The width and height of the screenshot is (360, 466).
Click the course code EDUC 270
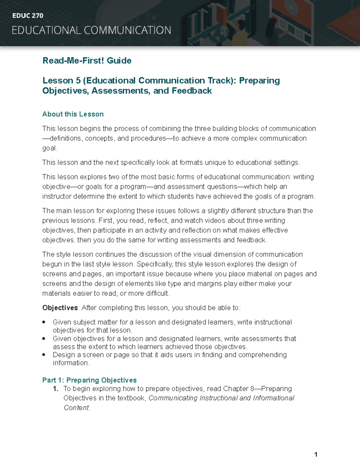28,16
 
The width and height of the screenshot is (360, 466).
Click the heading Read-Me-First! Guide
87,61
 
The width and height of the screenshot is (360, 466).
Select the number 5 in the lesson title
78,80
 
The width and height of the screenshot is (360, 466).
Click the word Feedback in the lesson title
192,91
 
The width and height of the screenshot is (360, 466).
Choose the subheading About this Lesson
73,114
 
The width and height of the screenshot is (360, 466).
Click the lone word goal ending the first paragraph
49,148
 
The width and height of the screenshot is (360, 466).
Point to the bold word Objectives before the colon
60,308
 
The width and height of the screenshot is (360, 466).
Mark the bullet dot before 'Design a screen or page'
44,355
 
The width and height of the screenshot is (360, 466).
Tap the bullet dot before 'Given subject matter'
44,322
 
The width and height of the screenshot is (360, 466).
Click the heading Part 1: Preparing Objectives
89,380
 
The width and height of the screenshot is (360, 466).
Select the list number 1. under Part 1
55,389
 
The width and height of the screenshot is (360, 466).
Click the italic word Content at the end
76,408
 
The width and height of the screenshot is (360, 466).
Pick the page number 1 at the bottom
316,454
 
